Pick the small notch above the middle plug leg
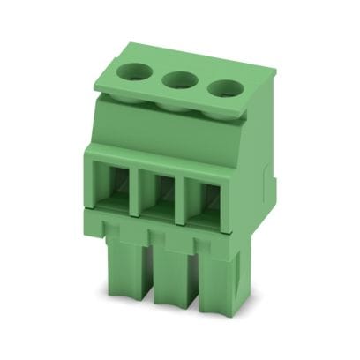[x=169, y=237]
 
